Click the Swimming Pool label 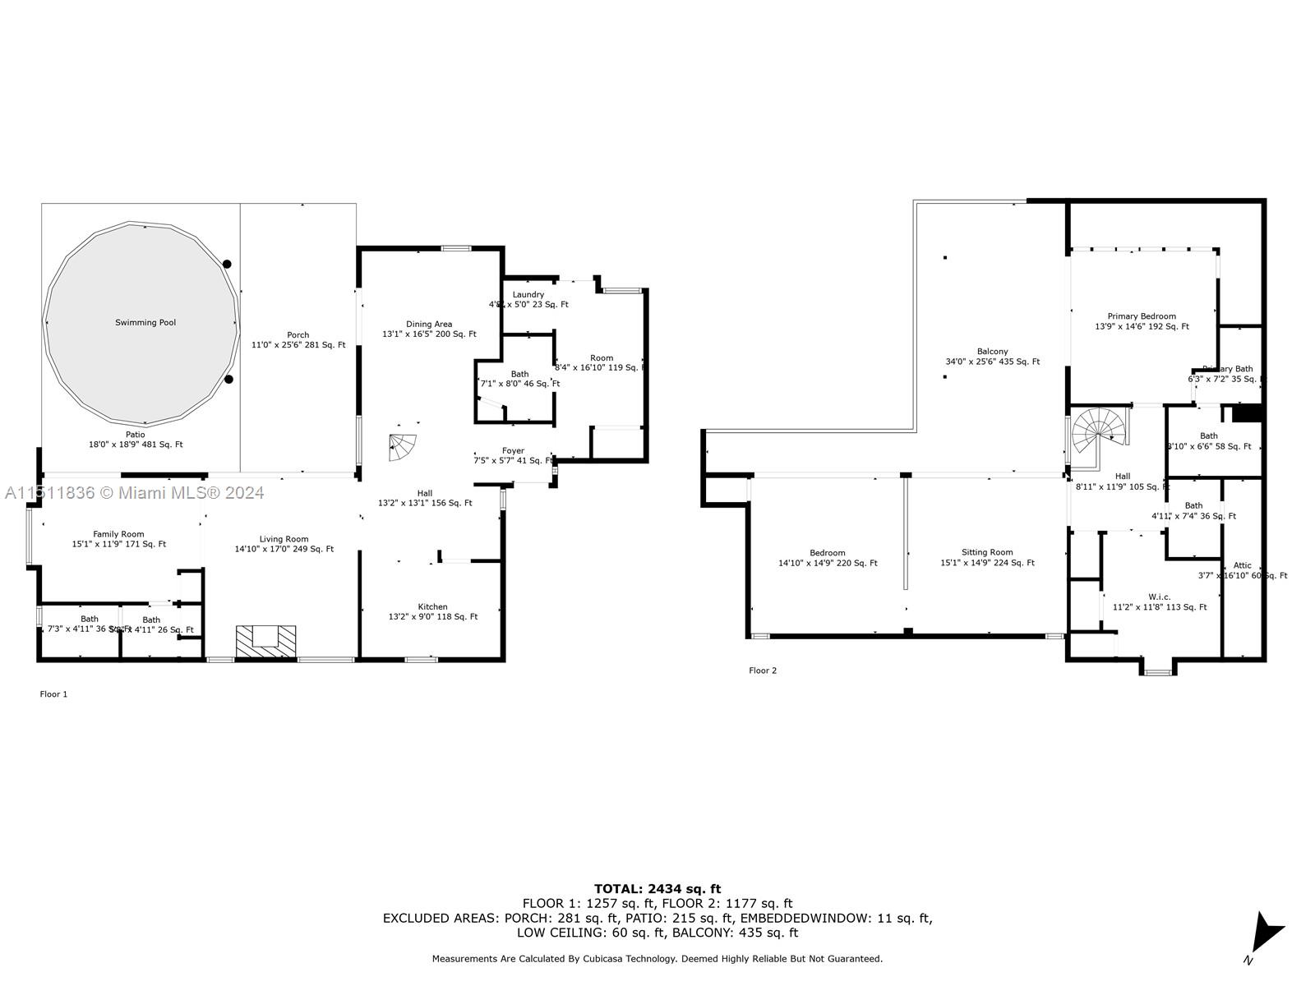click(x=145, y=323)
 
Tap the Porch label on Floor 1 click(x=298, y=335)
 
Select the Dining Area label click(x=429, y=325)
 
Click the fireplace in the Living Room click(x=265, y=641)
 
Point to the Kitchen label click(x=432, y=607)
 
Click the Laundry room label click(x=528, y=295)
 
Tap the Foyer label click(x=513, y=451)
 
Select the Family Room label click(x=118, y=534)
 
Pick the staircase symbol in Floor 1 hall click(x=403, y=448)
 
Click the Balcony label click(x=993, y=352)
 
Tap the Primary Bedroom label click(x=1142, y=316)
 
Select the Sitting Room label click(x=987, y=553)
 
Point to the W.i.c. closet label click(x=1160, y=597)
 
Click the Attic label click(x=1243, y=565)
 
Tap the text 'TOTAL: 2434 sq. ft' click(x=657, y=888)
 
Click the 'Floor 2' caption click(x=762, y=670)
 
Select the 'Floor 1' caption click(x=53, y=694)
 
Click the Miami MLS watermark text click(x=134, y=493)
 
